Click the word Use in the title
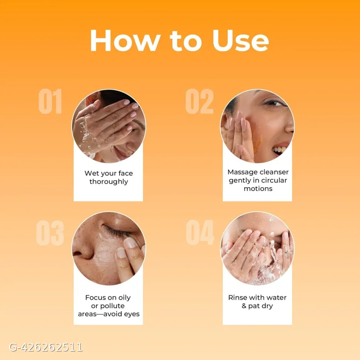pyautogui.click(x=241, y=40)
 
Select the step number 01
pyautogui.click(x=50, y=101)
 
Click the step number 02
pyautogui.click(x=199, y=101)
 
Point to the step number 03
pyautogui.click(x=50, y=233)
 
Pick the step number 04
pyautogui.click(x=200, y=232)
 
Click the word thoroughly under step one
pyautogui.click(x=108, y=182)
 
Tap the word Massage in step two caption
pyautogui.click(x=242, y=172)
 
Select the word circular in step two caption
pyautogui.click(x=274, y=180)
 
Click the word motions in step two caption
pyautogui.click(x=258, y=189)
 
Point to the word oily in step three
pyautogui.click(x=124, y=298)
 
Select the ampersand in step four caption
pyautogui.click(x=244, y=306)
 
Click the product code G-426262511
pyautogui.click(x=46, y=347)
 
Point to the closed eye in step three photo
pyautogui.click(x=116, y=230)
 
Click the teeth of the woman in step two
pyautogui.click(x=279, y=150)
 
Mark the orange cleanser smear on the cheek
pyautogui.click(x=258, y=140)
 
